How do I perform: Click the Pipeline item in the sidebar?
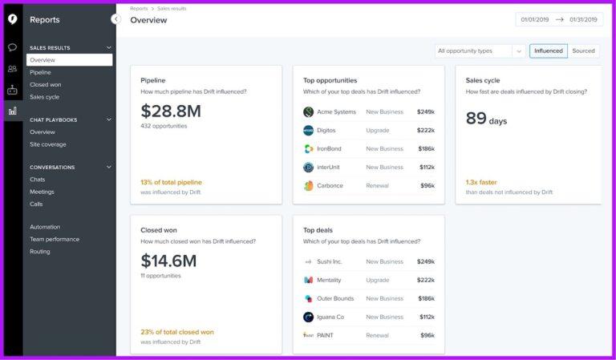(40, 72)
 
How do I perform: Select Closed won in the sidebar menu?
(45, 84)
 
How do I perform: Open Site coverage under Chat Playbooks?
(48, 144)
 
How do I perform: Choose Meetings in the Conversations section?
(43, 192)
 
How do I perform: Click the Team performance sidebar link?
(55, 239)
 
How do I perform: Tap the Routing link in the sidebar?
(40, 252)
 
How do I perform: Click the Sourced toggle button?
(583, 51)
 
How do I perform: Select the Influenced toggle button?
(549, 51)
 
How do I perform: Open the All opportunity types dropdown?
(480, 51)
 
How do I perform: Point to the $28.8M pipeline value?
(171, 111)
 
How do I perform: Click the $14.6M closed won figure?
(168, 261)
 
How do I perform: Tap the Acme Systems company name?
(336, 111)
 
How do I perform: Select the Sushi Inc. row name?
(329, 261)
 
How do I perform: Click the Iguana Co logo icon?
(309, 317)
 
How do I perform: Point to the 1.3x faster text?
(481, 182)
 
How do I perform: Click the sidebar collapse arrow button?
(116, 19)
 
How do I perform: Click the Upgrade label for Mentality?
(378, 280)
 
